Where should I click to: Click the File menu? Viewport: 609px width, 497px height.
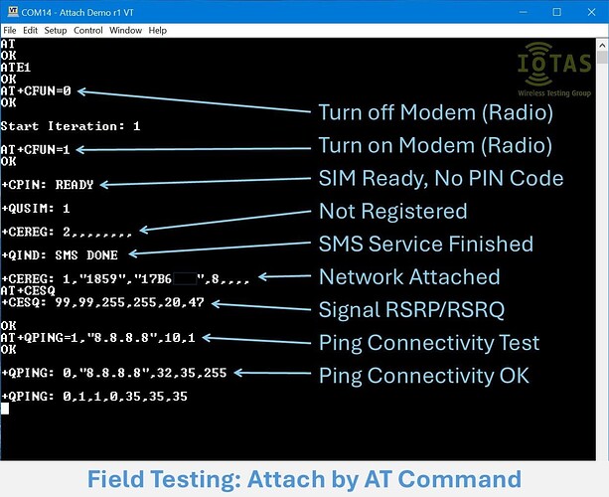pyautogui.click(x=10, y=31)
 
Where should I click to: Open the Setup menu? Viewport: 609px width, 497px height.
pyautogui.click(x=56, y=31)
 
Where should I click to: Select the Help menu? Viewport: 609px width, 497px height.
pyautogui.click(x=158, y=31)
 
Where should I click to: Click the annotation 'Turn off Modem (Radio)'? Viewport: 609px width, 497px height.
pyautogui.click(x=435, y=112)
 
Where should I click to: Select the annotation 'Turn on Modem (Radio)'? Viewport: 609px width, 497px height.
pyautogui.click(x=434, y=145)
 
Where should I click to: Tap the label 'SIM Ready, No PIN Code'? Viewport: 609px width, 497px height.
pyautogui.click(x=441, y=179)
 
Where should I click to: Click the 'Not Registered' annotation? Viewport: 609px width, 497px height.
pyautogui.click(x=392, y=211)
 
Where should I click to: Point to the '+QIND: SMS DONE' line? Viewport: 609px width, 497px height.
pyautogui.click(x=60, y=254)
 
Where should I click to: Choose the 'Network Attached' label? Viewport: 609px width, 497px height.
pyautogui.click(x=409, y=276)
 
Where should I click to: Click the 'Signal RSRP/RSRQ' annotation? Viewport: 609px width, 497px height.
pyautogui.click(x=411, y=310)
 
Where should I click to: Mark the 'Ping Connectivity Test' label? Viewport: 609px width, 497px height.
pyautogui.click(x=429, y=343)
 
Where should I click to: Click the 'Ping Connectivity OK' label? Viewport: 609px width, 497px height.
pyautogui.click(x=424, y=376)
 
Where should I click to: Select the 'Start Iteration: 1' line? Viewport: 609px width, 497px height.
pyautogui.click(x=71, y=126)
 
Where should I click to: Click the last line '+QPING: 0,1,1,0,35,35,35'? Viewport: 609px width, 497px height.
pyautogui.click(x=93, y=396)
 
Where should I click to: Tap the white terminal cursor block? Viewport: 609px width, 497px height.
pyautogui.click(x=5, y=408)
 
